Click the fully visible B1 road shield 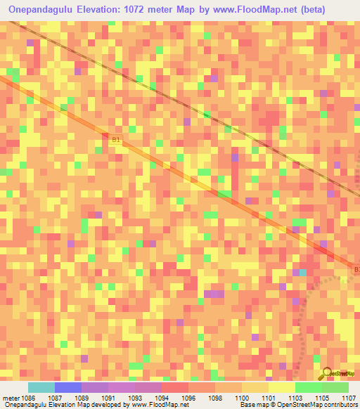pos(117,140)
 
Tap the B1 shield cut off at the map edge pos(356,269)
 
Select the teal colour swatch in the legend pos(41,387)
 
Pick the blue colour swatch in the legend pos(67,387)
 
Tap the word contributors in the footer pos(340,405)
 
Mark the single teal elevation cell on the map pos(303,272)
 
